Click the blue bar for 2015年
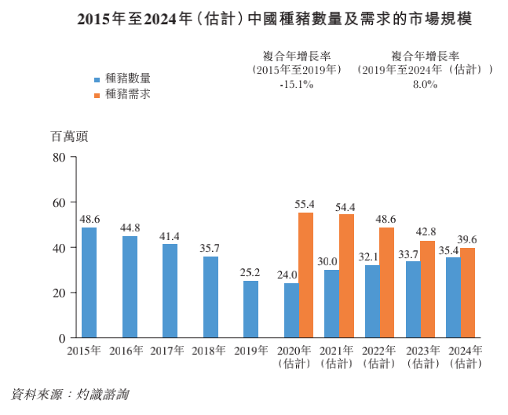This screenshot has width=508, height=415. [x=89, y=282]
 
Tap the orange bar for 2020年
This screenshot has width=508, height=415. [x=305, y=275]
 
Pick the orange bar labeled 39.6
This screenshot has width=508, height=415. [x=468, y=293]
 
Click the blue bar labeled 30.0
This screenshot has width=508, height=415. [x=331, y=304]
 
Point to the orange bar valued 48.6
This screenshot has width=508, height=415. [x=386, y=282]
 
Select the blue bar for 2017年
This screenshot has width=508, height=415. [x=170, y=291]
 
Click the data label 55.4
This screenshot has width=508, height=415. [x=305, y=205]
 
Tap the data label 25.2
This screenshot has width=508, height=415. [x=250, y=273]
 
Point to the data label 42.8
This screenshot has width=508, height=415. [x=427, y=233]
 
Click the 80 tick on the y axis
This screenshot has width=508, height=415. [x=58, y=157]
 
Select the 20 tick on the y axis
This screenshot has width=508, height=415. [x=58, y=293]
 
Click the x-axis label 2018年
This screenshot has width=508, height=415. [x=210, y=350]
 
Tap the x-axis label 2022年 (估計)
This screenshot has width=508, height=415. [x=378, y=356]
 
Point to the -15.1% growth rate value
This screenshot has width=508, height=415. [x=296, y=85]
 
